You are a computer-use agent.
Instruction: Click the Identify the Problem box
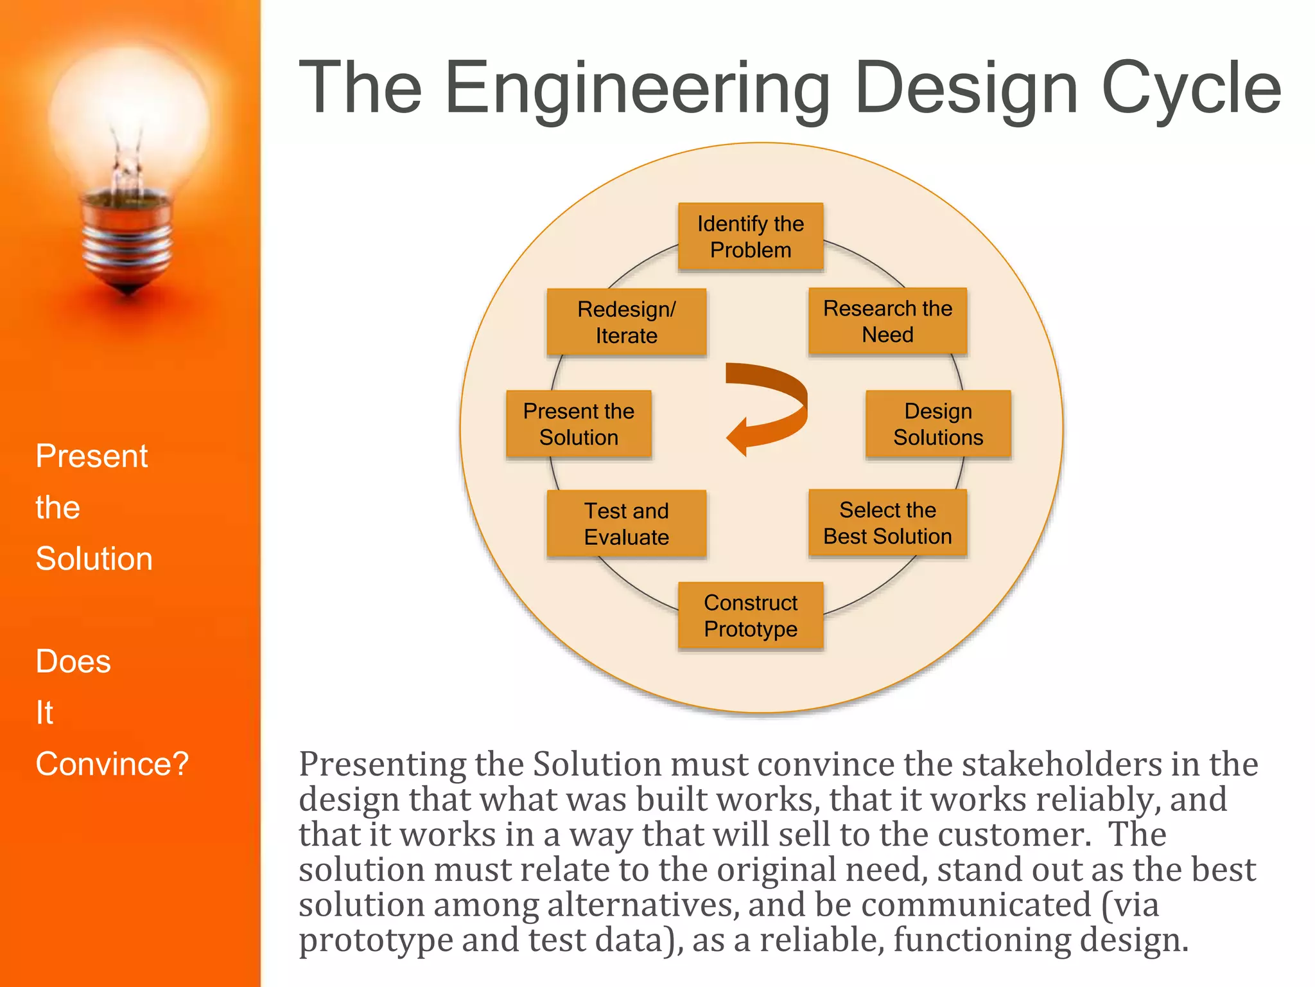coord(751,236)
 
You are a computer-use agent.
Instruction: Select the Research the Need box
coord(887,321)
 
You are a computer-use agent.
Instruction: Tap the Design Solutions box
coord(938,424)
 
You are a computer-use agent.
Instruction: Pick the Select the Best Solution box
coord(887,523)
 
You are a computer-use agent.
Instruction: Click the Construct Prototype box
coord(751,616)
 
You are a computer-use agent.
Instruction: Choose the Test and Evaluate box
coord(626,524)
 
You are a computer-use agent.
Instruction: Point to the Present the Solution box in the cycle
coord(579,424)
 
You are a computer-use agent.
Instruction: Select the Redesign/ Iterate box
coord(626,322)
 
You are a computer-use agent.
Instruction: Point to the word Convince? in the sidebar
coord(112,764)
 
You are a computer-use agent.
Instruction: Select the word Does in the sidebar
coord(73,661)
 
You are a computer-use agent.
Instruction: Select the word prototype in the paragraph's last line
coord(375,940)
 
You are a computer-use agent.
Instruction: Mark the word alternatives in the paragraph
coord(640,905)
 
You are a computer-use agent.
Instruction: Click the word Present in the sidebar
coord(92,456)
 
